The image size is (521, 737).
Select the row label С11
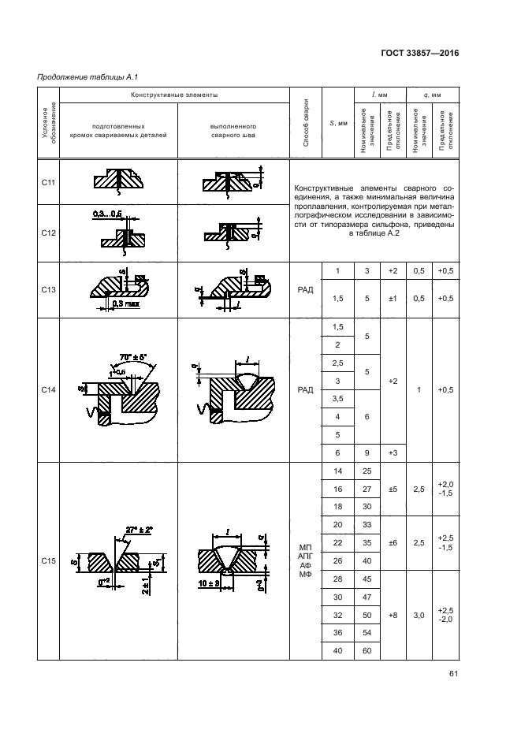click(47, 183)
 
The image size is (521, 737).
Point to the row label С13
click(47, 289)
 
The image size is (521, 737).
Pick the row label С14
click(47, 389)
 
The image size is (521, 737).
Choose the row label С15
click(47, 560)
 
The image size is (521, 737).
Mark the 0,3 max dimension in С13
click(125, 303)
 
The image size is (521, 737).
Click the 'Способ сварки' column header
click(307, 122)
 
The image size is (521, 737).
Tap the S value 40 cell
click(337, 650)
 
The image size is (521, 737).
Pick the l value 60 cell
click(366, 650)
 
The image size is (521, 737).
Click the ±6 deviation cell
click(392, 543)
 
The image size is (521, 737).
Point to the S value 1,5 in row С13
click(337, 299)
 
